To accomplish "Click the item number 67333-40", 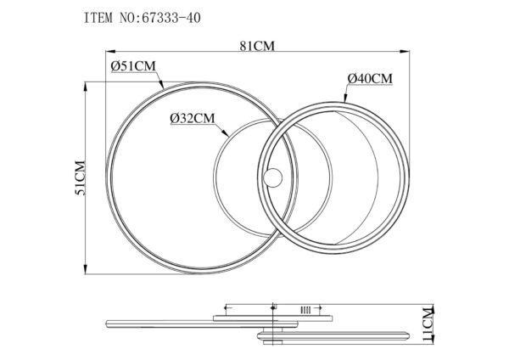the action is click(x=171, y=18).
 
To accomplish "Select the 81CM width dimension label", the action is click(x=257, y=46).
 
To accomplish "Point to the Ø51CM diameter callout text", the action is click(x=133, y=66).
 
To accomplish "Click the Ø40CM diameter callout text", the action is click(x=370, y=79).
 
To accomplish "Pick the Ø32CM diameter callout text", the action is click(x=193, y=118).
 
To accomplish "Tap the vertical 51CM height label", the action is click(x=81, y=177).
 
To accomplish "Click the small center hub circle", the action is click(x=272, y=177).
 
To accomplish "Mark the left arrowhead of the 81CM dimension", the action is click(x=110, y=51).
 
